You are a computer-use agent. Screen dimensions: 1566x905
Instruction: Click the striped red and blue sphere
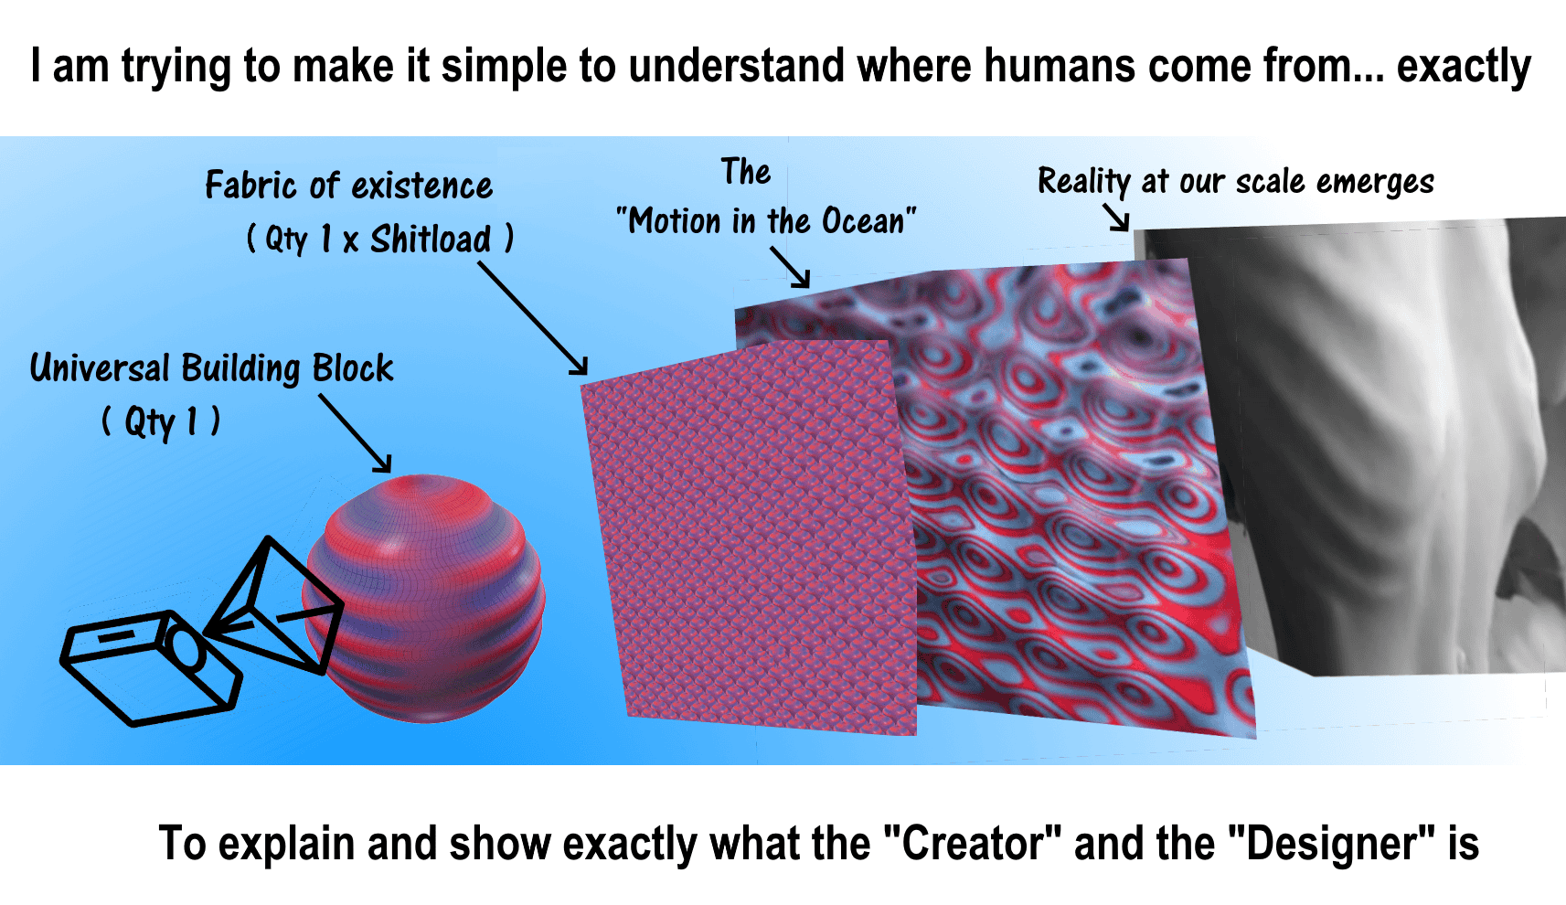[x=424, y=598]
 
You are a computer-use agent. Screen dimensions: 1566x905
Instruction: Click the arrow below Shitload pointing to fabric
[x=533, y=318]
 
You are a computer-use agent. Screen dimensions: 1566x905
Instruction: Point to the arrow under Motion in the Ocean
[x=790, y=267]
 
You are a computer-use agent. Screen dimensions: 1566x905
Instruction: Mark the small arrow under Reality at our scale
[x=1116, y=218]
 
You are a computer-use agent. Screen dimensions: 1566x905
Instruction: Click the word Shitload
[x=431, y=240]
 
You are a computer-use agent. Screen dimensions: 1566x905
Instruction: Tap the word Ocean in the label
[x=863, y=221]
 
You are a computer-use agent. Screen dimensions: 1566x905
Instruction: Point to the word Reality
[x=1084, y=182]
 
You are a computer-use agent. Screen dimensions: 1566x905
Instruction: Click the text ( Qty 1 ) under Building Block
[x=161, y=421]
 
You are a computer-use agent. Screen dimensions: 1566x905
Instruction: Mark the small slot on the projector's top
[x=116, y=636]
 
